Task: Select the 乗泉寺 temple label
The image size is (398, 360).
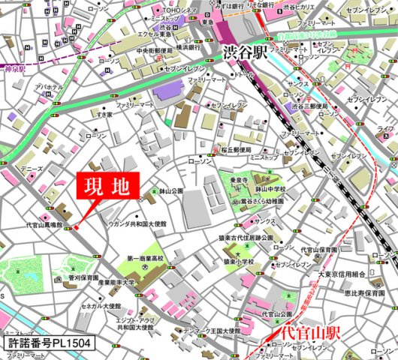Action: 239,180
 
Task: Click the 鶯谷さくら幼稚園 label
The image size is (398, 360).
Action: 261,202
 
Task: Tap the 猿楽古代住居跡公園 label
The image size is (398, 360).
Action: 245,238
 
